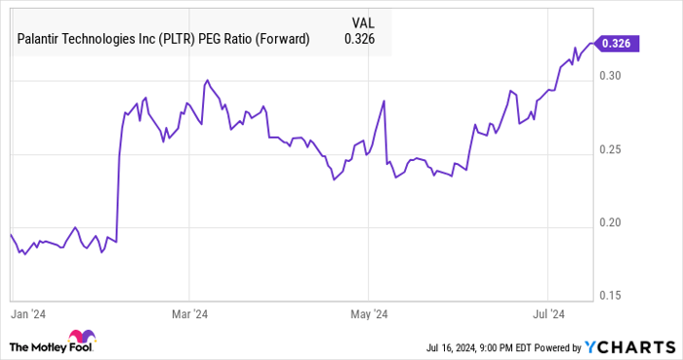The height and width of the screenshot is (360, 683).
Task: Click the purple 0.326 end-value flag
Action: point(619,43)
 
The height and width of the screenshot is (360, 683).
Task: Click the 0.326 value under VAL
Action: point(360,39)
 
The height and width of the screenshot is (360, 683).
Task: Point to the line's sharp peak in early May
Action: point(384,100)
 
